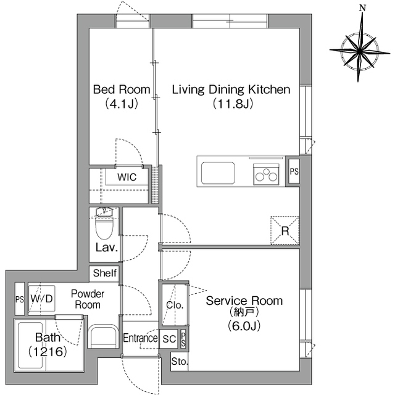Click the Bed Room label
(x=122, y=89)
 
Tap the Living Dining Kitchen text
(x=231, y=89)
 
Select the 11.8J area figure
(x=233, y=104)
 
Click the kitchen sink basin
(x=218, y=173)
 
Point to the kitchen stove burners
(x=266, y=174)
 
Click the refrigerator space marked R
(x=285, y=230)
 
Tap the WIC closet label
(x=127, y=177)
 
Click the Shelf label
(x=105, y=273)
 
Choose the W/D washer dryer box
(x=41, y=299)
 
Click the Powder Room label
(x=88, y=299)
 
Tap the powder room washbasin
(x=103, y=336)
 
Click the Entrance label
(x=140, y=338)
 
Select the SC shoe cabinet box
(x=168, y=339)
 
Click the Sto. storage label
(x=180, y=362)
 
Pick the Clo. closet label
(x=175, y=305)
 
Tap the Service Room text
(x=244, y=301)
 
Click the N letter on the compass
(x=362, y=8)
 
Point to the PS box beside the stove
(x=294, y=172)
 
